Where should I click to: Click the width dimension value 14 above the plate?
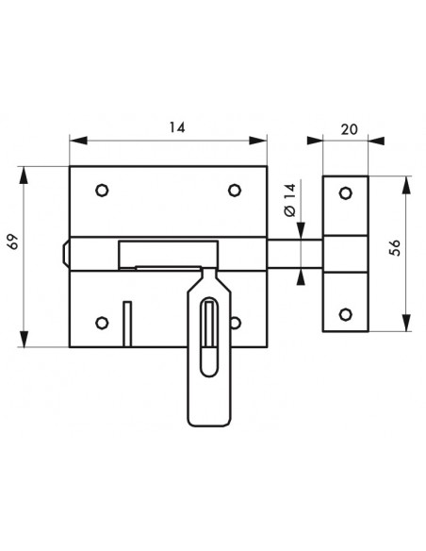pyautogui.click(x=177, y=127)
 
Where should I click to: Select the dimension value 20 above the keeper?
pyautogui.click(x=349, y=129)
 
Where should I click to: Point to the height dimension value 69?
pyautogui.click(x=13, y=242)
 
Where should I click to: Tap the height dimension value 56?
pyautogui.click(x=395, y=248)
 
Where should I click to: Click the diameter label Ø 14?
pyautogui.click(x=290, y=200)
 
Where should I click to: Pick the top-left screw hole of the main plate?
pyautogui.click(x=102, y=191)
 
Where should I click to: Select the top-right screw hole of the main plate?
pyautogui.click(x=235, y=191)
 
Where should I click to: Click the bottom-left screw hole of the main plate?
pyautogui.click(x=102, y=323)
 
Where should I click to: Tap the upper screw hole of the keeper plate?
pyautogui.click(x=346, y=192)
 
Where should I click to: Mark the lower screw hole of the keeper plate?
pyautogui.click(x=346, y=314)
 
